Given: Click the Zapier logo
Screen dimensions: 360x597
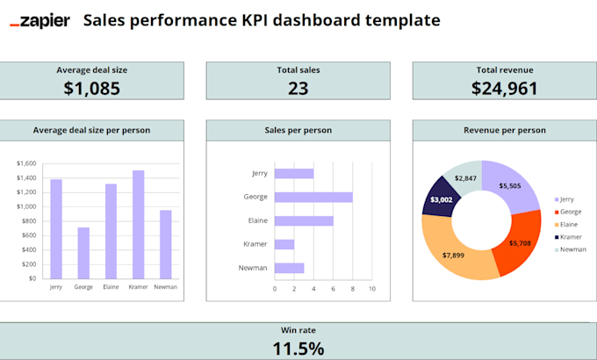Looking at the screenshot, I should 40,20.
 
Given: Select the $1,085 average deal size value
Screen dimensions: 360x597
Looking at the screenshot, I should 91,87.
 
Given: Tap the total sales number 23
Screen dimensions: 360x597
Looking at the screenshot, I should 298,87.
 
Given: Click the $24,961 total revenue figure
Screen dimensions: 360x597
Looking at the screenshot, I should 505,87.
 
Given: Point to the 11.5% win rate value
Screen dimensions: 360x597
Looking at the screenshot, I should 298,348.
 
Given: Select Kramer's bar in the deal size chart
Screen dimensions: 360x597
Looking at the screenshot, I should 138,224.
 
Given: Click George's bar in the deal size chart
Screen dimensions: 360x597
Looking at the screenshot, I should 83,253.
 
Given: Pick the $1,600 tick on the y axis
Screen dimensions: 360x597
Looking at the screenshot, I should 26,163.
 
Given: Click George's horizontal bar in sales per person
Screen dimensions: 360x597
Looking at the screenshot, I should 313,197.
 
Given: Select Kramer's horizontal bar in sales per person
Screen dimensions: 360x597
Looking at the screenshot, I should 284,244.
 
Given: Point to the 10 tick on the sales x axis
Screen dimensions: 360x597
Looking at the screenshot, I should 371,288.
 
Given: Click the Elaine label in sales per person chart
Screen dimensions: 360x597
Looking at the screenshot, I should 256,220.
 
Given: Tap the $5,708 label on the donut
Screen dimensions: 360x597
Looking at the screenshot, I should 521,242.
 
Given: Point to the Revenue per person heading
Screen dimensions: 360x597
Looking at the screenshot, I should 505,130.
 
